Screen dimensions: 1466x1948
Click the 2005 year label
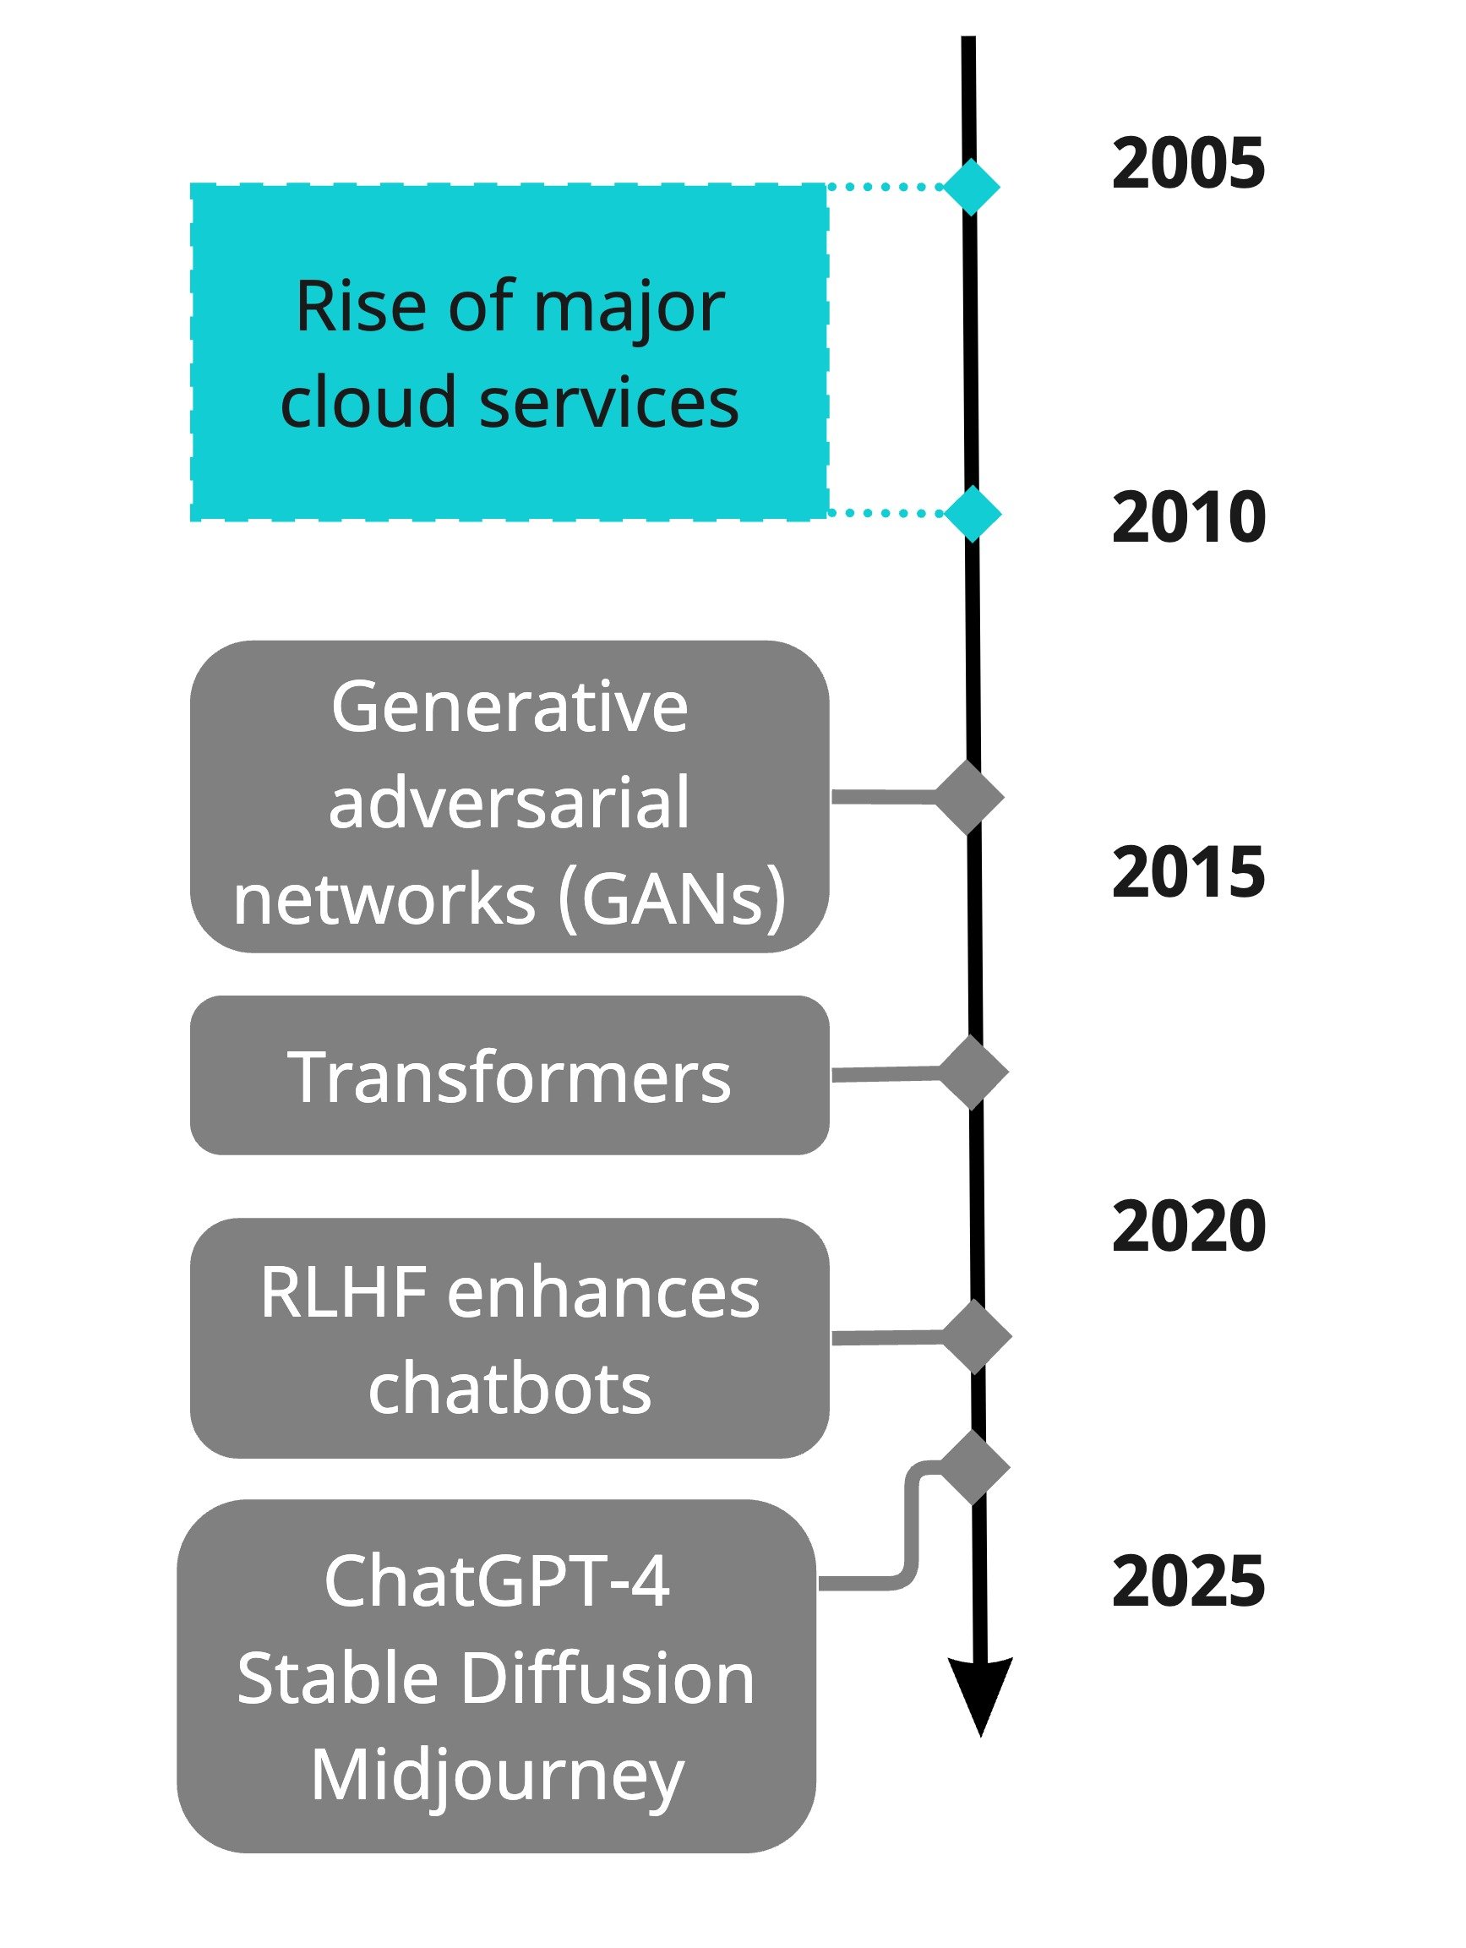pyautogui.click(x=1188, y=163)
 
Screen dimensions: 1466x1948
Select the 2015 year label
pyautogui.click(x=1188, y=872)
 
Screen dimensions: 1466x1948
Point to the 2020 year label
pyautogui.click(x=1189, y=1226)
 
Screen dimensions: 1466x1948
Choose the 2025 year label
pyautogui.click(x=1188, y=1580)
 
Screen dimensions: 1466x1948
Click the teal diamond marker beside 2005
pyautogui.click(x=971, y=187)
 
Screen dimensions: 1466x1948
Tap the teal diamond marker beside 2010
pyautogui.click(x=972, y=512)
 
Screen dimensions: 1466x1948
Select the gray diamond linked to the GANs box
pyautogui.click(x=968, y=797)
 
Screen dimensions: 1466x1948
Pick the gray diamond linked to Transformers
pyautogui.click(x=973, y=1072)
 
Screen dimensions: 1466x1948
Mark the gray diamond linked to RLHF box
pyautogui.click(x=976, y=1336)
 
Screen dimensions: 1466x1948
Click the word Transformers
pyautogui.click(x=509, y=1076)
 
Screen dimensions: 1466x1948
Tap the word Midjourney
pyautogui.click(x=498, y=1777)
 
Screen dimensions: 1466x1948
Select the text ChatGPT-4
pyautogui.click(x=497, y=1580)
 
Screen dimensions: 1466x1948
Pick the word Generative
pyautogui.click(x=509, y=707)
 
